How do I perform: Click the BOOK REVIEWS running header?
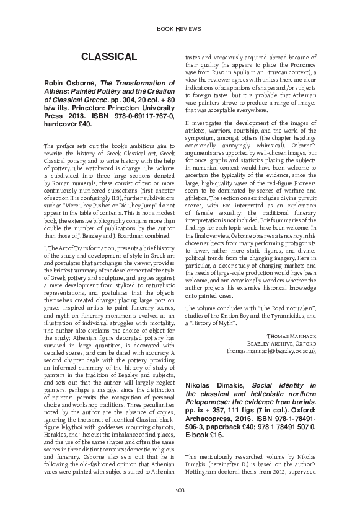click(180, 28)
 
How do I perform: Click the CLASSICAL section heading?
click(108, 57)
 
